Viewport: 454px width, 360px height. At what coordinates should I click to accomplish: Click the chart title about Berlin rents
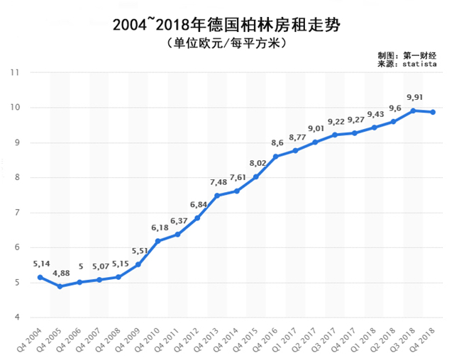(x=227, y=26)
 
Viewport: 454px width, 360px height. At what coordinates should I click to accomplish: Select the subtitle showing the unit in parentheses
(x=227, y=44)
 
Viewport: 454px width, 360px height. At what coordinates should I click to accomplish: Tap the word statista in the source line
(x=419, y=64)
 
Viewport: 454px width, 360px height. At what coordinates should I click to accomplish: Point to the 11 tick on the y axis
(x=14, y=73)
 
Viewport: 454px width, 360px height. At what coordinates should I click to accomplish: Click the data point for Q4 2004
(x=40, y=277)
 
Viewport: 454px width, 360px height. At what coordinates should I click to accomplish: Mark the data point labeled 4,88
(x=60, y=286)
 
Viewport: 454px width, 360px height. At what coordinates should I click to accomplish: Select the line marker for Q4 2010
(x=158, y=241)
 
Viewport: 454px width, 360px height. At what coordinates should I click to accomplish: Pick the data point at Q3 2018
(x=413, y=111)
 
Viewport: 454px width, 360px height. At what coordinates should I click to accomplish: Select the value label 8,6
(x=276, y=143)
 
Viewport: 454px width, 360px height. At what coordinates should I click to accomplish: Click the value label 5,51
(x=139, y=250)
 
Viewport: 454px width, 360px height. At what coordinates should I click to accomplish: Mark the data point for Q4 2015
(x=256, y=176)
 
